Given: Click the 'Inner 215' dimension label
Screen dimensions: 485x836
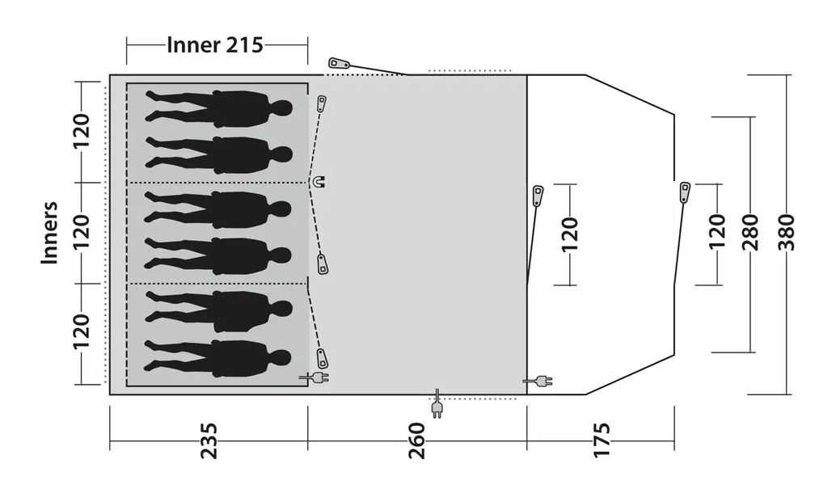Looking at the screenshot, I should coord(215,45).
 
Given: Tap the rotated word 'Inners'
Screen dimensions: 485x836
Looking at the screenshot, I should coord(51,233).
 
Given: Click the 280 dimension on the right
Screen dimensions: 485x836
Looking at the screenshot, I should coord(749,233).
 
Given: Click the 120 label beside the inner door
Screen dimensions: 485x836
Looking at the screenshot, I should coord(570,234).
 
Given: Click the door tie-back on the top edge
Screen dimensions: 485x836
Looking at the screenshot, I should coord(338,63).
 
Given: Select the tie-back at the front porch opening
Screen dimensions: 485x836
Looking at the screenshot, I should coord(684,192).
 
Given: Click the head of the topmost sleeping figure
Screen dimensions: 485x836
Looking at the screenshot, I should coord(281,108).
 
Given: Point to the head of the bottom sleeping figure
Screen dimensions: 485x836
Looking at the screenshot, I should coord(281,356).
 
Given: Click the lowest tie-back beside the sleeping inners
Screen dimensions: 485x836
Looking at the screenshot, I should coord(322,357).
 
